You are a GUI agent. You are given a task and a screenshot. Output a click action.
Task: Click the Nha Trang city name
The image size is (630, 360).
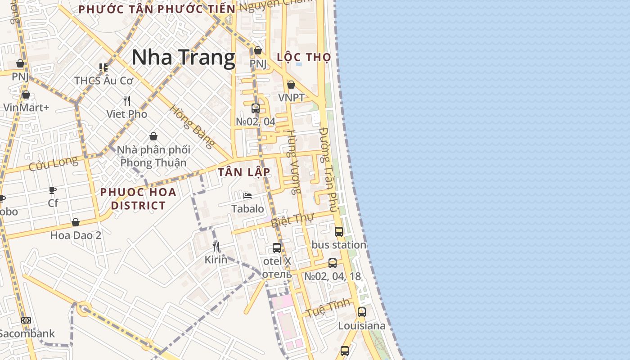click(183, 58)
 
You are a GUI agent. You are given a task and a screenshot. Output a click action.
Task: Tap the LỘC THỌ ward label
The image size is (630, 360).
click(304, 57)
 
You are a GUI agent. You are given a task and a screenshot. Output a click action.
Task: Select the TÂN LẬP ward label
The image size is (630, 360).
click(244, 172)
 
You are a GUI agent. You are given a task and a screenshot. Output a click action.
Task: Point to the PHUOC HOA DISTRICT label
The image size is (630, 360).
click(138, 199)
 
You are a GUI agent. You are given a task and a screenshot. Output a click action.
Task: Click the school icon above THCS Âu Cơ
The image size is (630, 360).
click(103, 67)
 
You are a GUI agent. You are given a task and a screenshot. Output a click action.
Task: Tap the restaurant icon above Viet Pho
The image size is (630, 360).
click(127, 100)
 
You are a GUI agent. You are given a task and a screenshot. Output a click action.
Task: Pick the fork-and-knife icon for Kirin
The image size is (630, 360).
click(216, 246)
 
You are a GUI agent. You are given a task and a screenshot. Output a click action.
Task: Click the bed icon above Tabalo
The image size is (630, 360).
click(247, 196)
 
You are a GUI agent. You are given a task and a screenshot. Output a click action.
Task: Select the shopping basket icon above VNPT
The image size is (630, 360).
click(291, 85)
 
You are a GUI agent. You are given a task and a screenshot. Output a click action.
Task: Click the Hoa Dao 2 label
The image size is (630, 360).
click(76, 235)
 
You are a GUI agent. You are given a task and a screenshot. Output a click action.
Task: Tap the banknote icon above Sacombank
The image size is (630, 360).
click(26, 320)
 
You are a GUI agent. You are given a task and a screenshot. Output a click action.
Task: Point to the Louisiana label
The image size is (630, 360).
click(361, 326)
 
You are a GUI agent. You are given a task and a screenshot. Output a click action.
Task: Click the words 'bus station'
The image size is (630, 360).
click(338, 245)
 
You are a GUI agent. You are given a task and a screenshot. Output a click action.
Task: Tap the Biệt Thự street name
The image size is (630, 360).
click(292, 220)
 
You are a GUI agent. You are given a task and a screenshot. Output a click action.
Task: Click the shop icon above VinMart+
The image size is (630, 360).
click(26, 94)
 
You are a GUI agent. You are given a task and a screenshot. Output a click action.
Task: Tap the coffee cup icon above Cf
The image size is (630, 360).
click(53, 190)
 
